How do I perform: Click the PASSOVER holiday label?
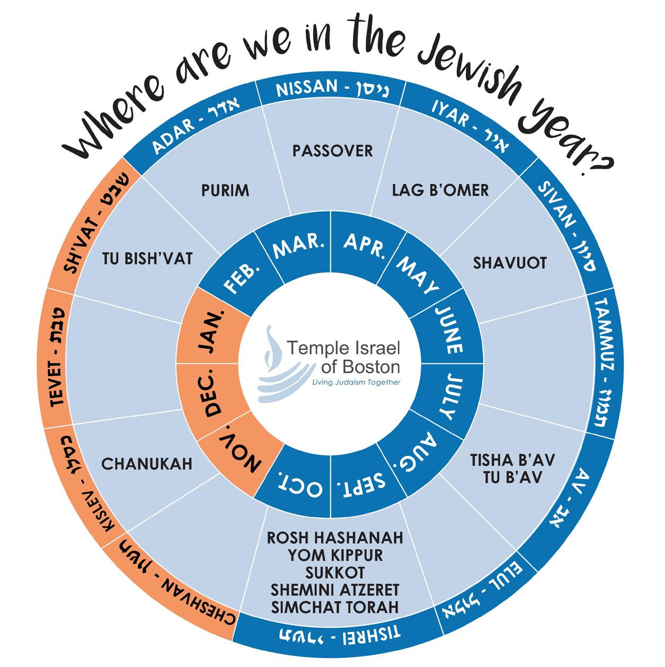tap(332, 151)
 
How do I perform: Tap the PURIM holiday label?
tap(225, 190)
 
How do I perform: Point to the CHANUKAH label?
tap(147, 464)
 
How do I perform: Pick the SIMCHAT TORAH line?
tap(335, 607)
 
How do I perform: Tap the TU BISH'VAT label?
tap(147, 259)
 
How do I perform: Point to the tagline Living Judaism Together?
tap(356, 382)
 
